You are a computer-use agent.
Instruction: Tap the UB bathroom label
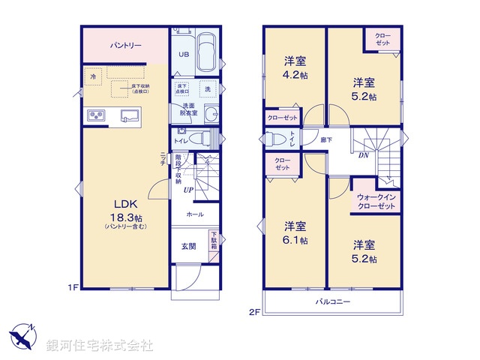(x=184, y=54)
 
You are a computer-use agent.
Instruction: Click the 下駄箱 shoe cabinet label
(x=214, y=241)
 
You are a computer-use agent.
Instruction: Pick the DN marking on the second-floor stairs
(x=362, y=156)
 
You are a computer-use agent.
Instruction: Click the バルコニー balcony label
(x=332, y=301)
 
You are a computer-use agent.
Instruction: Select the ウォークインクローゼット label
(x=376, y=201)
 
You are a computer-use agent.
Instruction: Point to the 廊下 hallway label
(x=327, y=140)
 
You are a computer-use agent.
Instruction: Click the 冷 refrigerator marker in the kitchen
(x=93, y=77)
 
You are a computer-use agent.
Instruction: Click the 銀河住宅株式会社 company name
(x=100, y=346)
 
